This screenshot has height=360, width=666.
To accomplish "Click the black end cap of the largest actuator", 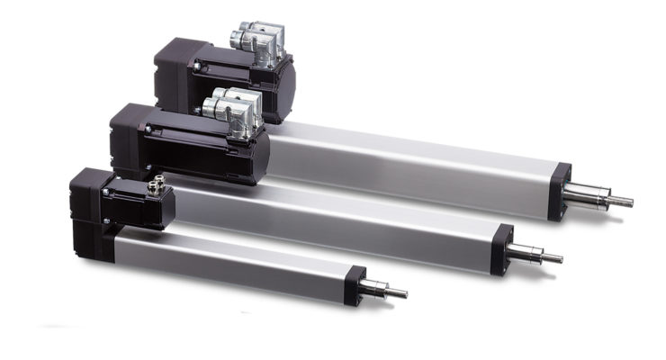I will click(560, 191).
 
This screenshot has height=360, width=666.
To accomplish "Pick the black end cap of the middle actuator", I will click(501, 245).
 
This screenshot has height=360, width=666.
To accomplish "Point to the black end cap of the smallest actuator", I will click(355, 284).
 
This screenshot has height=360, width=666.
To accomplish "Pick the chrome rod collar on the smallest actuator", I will click(373, 288).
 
